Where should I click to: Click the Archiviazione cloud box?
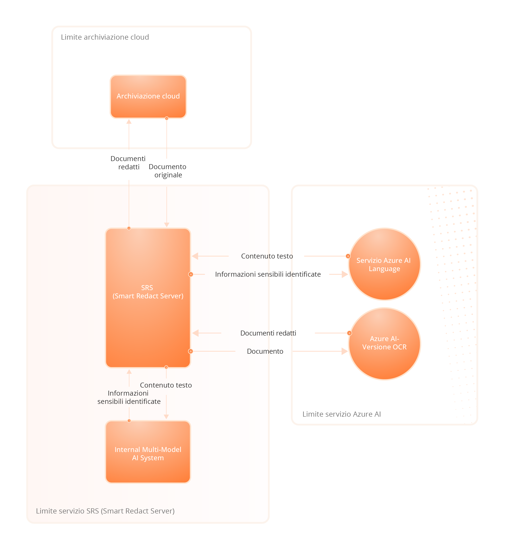tap(148, 96)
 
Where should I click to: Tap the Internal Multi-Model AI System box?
tap(148, 452)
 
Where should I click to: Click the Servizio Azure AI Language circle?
tap(384, 264)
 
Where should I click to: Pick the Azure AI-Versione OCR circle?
tap(384, 344)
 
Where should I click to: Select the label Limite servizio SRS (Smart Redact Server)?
tap(105, 511)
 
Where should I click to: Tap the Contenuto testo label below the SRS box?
tap(166, 385)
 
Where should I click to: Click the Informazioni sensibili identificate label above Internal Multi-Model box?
tap(129, 397)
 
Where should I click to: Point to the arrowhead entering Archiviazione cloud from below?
tap(129, 122)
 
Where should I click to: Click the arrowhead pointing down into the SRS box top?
tap(167, 225)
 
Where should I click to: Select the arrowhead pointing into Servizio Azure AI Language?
tap(345, 274)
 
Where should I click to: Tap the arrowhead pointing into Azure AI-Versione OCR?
tap(345, 351)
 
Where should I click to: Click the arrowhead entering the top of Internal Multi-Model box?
tap(166, 416)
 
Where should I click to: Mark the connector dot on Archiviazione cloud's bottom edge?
tap(167, 118)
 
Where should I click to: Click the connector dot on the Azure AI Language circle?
tap(348, 256)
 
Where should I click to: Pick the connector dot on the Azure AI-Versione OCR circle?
tap(349, 333)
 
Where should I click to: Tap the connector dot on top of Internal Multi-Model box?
tap(129, 421)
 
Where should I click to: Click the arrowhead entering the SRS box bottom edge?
tap(129, 372)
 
